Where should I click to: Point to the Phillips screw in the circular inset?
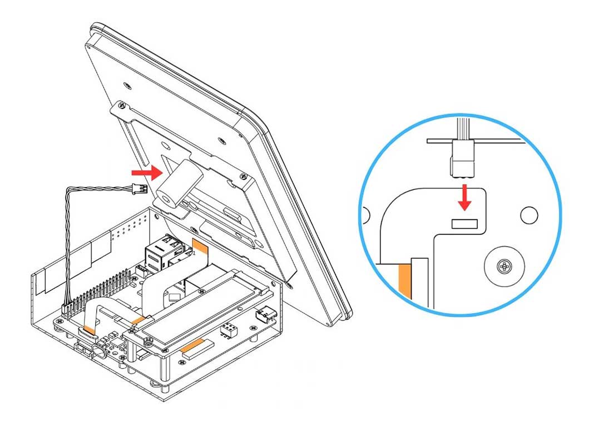tap(505, 267)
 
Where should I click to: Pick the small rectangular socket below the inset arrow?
tap(464, 223)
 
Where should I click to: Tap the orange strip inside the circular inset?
tap(404, 280)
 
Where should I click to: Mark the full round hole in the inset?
tap(529, 213)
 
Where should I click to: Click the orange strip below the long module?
tap(196, 348)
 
